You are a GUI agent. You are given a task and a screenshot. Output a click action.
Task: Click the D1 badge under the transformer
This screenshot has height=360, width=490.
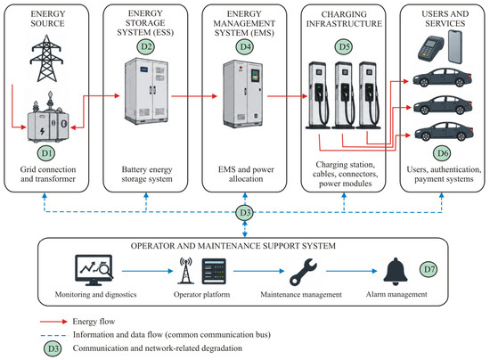46,153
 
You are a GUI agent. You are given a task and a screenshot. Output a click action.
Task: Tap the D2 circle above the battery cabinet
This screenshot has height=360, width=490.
146,47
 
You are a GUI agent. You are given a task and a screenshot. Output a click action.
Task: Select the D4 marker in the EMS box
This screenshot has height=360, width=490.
245,47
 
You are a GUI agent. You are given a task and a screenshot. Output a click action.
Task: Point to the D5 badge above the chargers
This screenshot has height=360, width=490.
344,47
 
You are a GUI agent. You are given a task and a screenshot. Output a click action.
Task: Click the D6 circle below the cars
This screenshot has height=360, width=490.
443,153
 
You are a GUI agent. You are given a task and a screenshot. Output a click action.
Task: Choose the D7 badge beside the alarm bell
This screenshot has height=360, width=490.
429,269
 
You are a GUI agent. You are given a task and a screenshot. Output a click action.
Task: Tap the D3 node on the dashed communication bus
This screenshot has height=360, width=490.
245,213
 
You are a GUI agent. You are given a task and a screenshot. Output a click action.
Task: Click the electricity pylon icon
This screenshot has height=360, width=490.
46,59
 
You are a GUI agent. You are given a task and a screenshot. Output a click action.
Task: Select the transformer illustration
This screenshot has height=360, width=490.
48,118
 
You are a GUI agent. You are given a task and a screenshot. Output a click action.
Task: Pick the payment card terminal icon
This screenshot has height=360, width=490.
430,48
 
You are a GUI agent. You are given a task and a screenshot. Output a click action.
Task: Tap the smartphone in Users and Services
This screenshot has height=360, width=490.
455,47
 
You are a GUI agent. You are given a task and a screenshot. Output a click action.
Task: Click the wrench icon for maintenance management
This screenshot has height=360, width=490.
303,272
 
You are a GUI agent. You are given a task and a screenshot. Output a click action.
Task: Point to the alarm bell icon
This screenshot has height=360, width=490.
396,271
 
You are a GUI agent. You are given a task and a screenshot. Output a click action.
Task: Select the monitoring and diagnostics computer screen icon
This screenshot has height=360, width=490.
94,270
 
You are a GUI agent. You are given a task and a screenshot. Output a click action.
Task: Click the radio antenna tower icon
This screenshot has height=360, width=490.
185,271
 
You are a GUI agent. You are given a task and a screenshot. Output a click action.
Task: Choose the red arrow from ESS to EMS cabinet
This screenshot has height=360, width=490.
194,96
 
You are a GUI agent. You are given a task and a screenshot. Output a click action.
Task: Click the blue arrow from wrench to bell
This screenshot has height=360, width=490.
352,271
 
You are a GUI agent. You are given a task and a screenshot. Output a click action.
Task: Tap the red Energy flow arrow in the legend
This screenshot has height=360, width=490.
53,322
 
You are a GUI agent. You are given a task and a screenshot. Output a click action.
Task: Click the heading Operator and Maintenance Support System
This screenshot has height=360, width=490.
233,246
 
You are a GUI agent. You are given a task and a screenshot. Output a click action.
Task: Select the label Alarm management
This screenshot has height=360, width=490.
396,294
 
